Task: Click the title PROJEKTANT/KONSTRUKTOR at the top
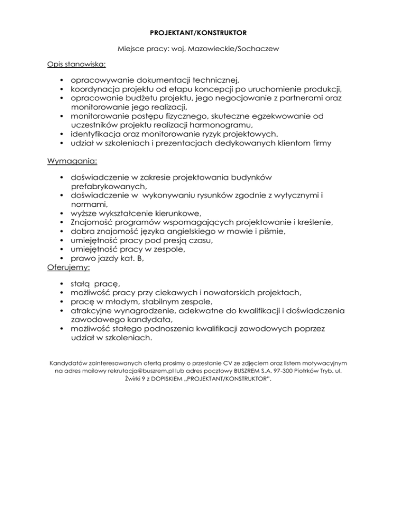198,33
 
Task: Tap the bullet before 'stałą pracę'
62,284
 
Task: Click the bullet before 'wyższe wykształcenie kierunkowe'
62,214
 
